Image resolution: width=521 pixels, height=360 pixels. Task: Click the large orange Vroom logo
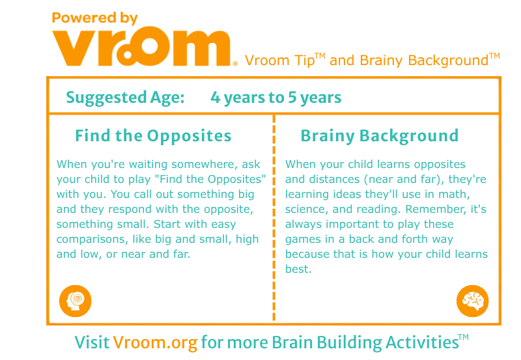(x=141, y=47)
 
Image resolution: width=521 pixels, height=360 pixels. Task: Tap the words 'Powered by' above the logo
(x=94, y=18)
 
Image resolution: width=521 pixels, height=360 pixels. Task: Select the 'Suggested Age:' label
(x=125, y=98)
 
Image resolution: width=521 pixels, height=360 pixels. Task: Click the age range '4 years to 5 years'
(x=275, y=98)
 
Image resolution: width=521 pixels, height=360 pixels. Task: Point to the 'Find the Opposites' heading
(x=153, y=136)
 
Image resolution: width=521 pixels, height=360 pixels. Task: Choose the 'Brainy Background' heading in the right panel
(x=380, y=136)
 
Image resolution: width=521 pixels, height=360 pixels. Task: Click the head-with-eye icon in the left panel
(x=76, y=301)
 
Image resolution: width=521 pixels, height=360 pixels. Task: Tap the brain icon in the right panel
(x=473, y=301)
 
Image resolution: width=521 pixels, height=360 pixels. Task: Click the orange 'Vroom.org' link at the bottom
(x=155, y=342)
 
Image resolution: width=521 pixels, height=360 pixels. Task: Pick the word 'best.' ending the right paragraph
(x=298, y=269)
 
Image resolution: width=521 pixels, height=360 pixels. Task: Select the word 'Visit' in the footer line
(x=92, y=342)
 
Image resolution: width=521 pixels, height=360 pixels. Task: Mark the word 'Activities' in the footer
(x=422, y=342)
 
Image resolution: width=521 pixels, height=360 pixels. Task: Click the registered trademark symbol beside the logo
(x=235, y=63)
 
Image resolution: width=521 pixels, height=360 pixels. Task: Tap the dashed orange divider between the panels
(x=274, y=218)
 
